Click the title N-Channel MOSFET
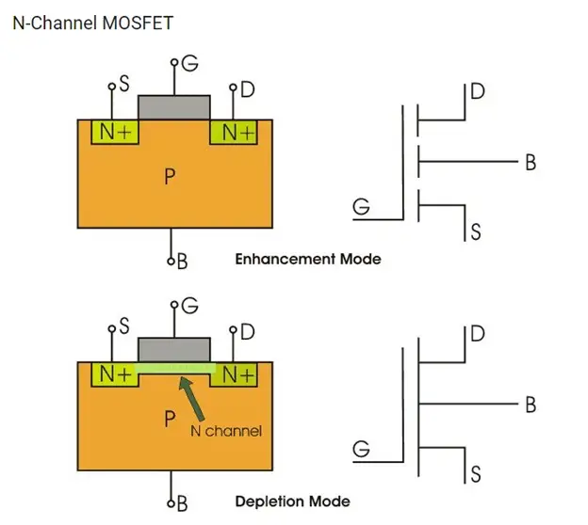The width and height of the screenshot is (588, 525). pyautogui.click(x=92, y=23)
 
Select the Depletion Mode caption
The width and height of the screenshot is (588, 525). pyautogui.click(x=292, y=501)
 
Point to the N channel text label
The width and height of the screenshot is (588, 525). pyautogui.click(x=225, y=431)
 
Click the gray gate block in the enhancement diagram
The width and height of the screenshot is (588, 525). pyautogui.click(x=174, y=107)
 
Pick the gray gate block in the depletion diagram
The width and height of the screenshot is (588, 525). pyautogui.click(x=174, y=349)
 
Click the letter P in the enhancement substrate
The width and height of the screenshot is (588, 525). pyautogui.click(x=170, y=178)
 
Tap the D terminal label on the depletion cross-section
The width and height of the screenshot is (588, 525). pyautogui.click(x=247, y=331)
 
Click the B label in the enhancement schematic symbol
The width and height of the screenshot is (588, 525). pyautogui.click(x=531, y=163)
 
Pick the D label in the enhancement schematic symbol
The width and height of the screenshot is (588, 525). pyautogui.click(x=478, y=91)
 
